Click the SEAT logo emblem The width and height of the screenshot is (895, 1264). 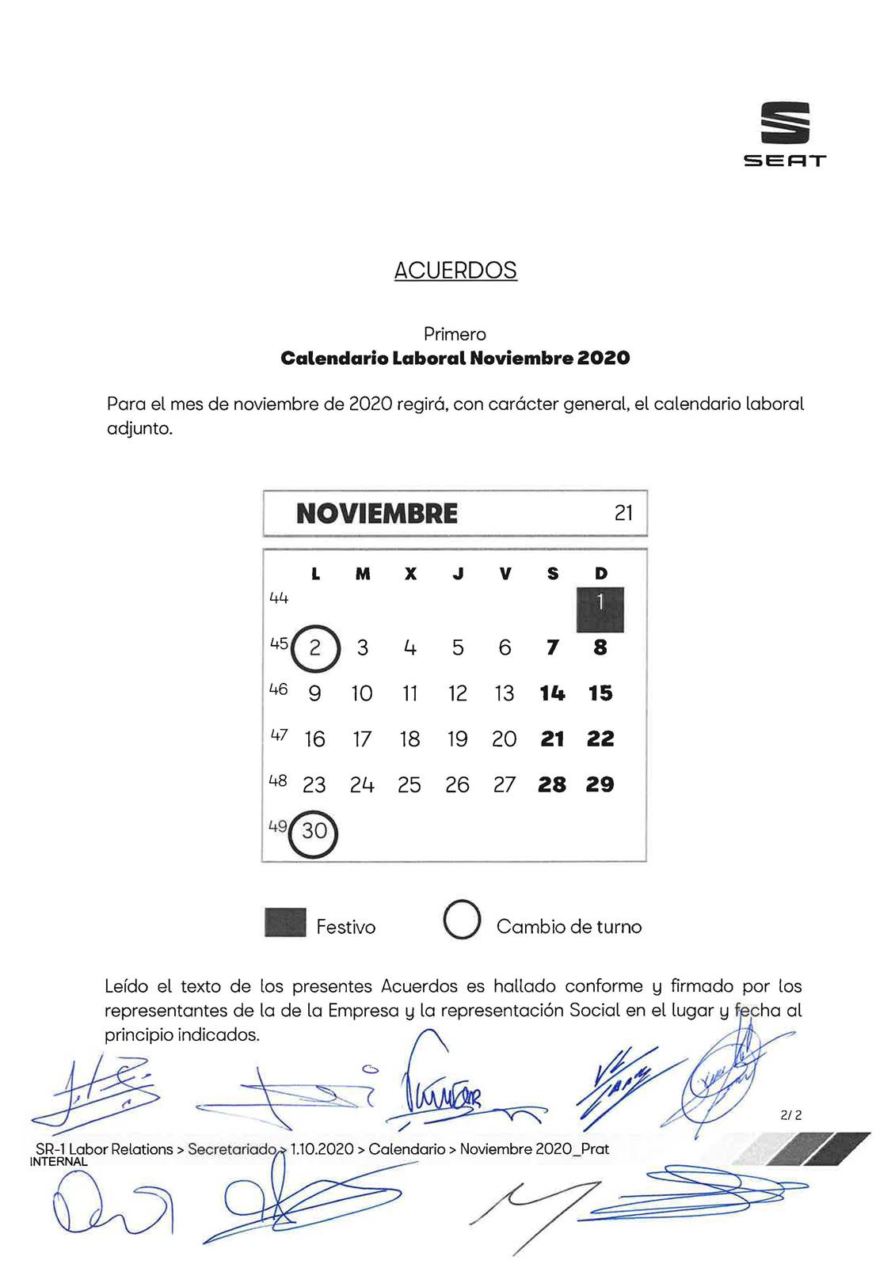785,123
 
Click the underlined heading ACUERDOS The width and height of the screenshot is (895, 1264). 455,271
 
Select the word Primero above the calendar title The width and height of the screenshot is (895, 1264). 455,334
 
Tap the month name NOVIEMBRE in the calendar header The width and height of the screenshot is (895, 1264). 377,514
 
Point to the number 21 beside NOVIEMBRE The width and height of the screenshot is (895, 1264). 623,514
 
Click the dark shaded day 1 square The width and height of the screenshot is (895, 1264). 600,609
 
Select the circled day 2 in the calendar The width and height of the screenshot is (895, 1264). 315,648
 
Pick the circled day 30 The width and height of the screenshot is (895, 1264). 314,832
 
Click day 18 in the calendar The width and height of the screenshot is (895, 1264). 409,739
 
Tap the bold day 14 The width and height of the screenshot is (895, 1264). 552,693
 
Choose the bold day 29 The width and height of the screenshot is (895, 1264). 600,785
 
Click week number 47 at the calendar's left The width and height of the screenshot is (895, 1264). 278,735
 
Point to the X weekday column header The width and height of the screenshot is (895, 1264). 410,574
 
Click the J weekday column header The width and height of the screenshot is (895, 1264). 458,574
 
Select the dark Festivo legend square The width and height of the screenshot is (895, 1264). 285,922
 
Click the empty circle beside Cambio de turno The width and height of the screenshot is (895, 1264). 462,920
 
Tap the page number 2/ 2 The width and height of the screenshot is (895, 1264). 790,1115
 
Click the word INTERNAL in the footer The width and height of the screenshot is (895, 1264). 58,1162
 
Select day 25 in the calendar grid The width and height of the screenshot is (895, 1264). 409,785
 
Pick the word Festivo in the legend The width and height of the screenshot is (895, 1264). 345,927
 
